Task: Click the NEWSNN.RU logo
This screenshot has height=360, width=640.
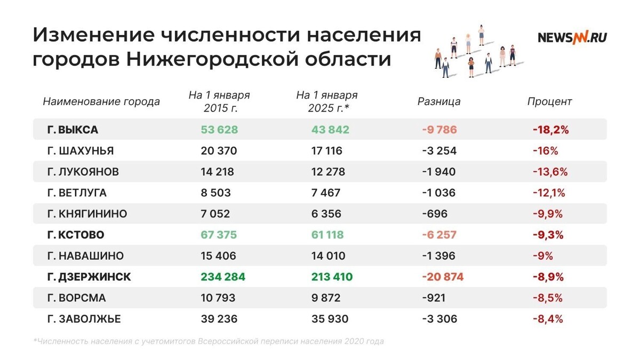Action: tap(572, 37)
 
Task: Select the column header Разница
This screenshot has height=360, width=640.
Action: tap(438, 101)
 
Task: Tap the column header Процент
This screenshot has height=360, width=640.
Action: tap(549, 101)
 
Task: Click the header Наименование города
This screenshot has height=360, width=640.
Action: tap(101, 101)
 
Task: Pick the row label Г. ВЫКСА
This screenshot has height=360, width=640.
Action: tap(73, 130)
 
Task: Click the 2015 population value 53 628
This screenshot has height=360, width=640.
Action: tap(219, 130)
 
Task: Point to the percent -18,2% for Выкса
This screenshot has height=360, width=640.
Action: tap(550, 130)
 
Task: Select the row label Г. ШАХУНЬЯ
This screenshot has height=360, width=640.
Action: tap(81, 151)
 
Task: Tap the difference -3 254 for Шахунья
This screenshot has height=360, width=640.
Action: tap(438, 151)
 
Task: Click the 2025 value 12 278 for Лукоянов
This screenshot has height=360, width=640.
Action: tap(327, 172)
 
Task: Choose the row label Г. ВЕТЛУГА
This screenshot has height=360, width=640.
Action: tap(77, 193)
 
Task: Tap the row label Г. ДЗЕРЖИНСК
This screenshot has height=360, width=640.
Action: tap(89, 277)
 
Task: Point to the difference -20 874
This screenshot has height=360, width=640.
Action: tap(443, 277)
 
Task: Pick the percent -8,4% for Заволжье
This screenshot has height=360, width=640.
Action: tap(548, 319)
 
